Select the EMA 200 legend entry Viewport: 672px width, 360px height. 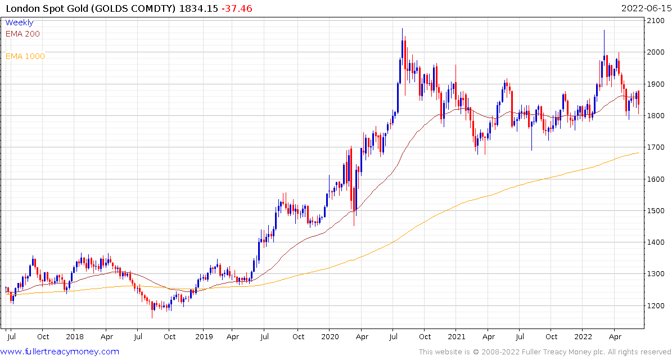tap(22, 34)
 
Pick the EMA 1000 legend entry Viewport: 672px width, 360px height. tap(25, 56)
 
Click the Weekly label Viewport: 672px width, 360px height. tap(19, 22)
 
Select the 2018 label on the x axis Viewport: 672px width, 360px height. tap(75, 337)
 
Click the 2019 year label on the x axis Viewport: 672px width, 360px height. tap(204, 337)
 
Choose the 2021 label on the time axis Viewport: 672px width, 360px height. tap(457, 337)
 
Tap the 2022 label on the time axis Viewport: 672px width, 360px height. tap(583, 337)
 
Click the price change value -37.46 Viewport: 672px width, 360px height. tap(221, 8)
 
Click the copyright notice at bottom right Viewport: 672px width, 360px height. tap(544, 352)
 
